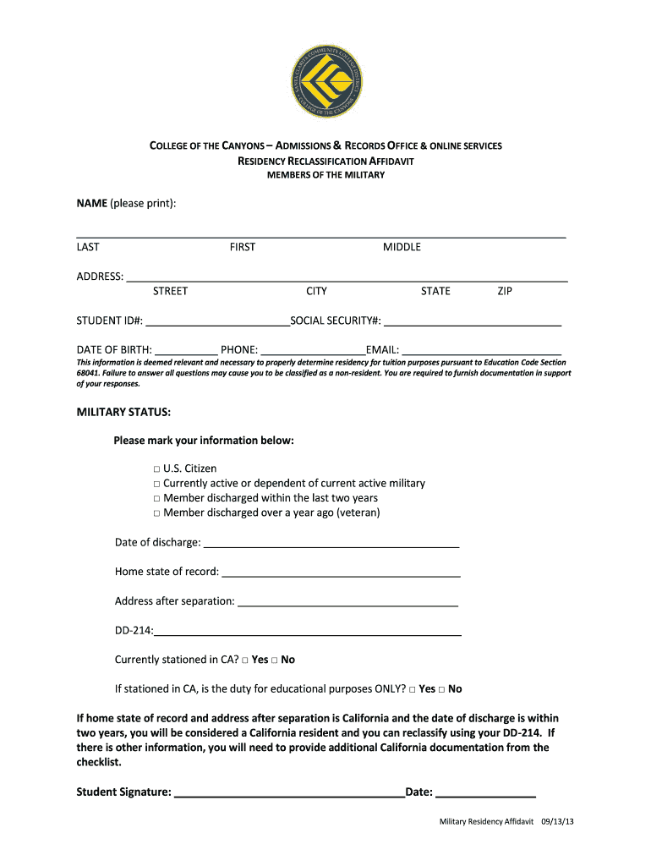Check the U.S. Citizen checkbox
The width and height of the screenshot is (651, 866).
click(157, 469)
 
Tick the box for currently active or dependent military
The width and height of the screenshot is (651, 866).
click(157, 484)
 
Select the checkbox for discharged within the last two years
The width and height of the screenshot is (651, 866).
click(157, 498)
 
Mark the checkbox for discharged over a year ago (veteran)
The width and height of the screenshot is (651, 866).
click(157, 513)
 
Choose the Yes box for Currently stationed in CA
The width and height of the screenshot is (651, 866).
click(245, 660)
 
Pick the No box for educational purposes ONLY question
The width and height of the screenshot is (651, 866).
click(442, 689)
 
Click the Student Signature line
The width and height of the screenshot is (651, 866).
click(289, 794)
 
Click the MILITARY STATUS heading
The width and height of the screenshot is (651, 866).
click(123, 412)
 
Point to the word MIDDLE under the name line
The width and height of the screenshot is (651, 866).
click(402, 247)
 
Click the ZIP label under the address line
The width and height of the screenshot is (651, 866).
click(505, 291)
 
